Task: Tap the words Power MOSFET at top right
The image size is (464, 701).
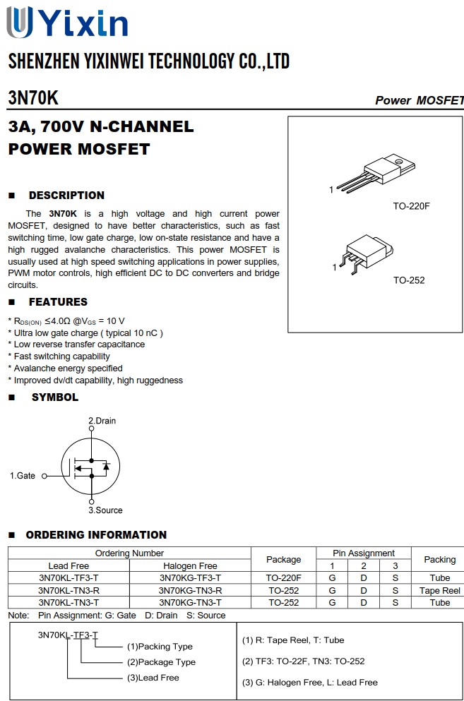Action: pos(419,100)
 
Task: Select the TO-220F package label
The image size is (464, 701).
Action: pos(411,206)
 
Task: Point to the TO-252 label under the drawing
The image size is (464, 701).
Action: pos(409,280)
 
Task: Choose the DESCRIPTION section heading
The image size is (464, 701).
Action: pos(66,196)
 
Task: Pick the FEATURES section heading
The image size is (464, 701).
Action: pos(58,302)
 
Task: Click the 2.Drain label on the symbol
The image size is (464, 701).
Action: pos(102,421)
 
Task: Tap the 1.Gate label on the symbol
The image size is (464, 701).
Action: pos(23,476)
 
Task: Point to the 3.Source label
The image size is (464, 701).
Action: pos(105,510)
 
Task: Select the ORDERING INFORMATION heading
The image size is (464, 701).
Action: pos(96,535)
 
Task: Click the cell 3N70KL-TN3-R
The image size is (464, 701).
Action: pos(69,590)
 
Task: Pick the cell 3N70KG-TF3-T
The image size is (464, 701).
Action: pos(190,578)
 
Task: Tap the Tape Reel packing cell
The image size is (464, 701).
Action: pos(439,590)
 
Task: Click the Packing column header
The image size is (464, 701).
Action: pos(439,559)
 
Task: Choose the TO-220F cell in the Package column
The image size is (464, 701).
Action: pos(283,578)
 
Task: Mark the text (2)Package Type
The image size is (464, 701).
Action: pos(161,662)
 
